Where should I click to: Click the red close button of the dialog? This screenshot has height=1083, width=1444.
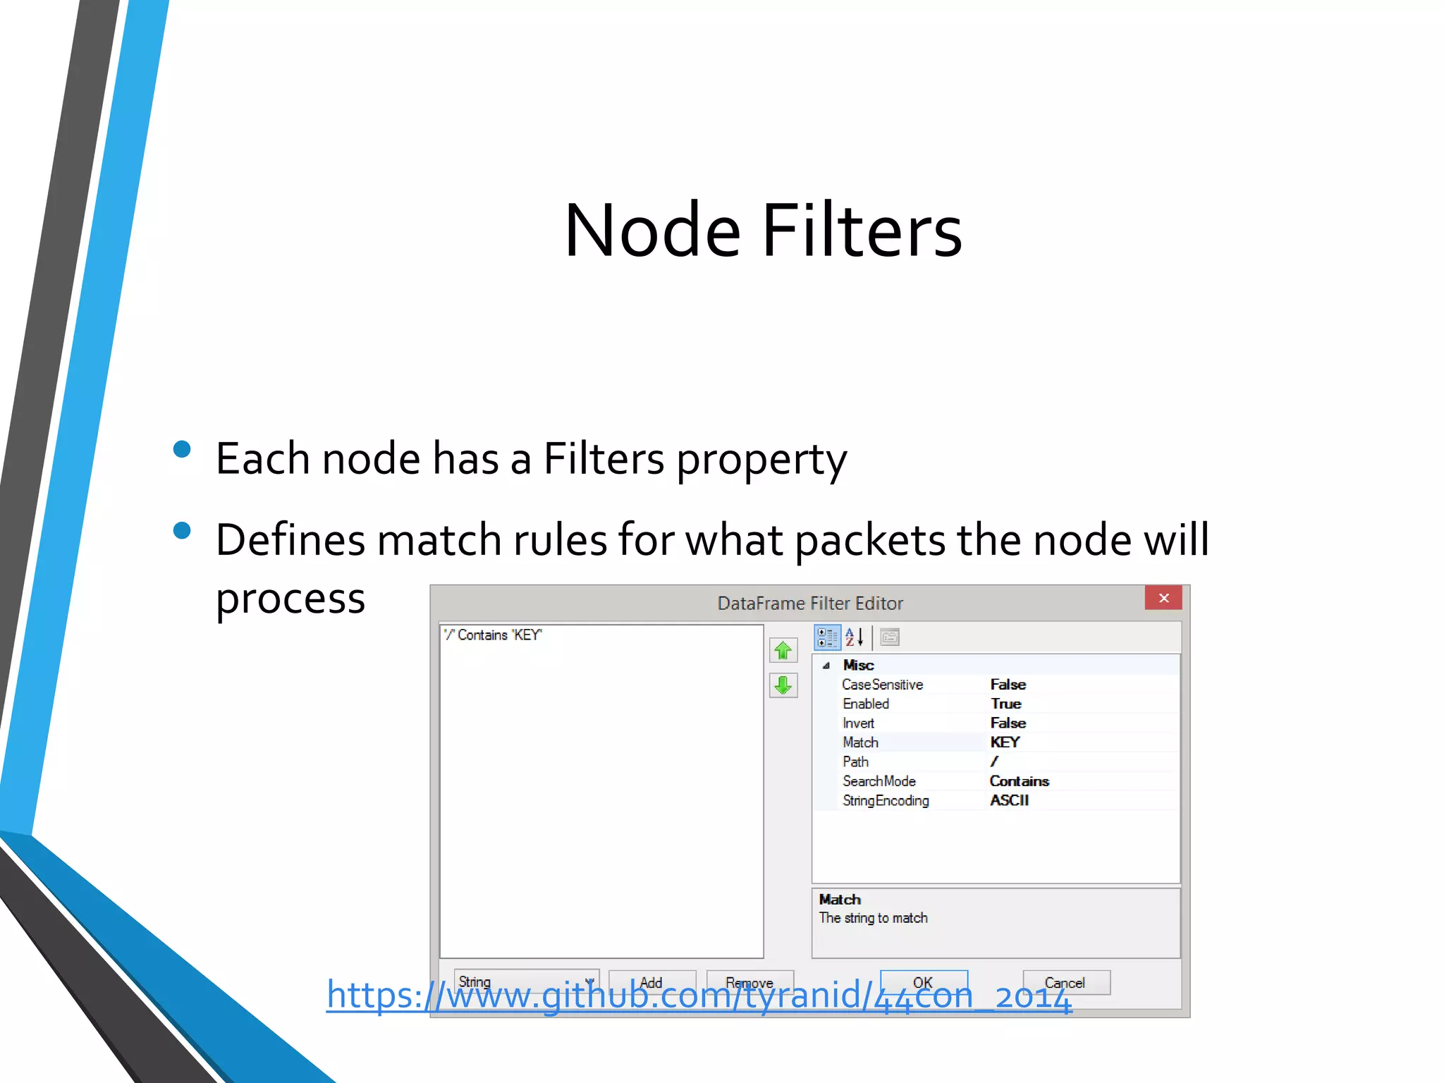1163,598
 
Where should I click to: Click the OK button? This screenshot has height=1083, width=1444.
924,982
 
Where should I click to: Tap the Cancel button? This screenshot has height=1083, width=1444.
1066,982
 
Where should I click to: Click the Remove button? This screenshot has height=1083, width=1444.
749,982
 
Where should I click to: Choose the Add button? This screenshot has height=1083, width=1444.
651,982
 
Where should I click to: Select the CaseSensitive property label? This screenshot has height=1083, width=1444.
882,685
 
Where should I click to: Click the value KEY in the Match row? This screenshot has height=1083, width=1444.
1005,742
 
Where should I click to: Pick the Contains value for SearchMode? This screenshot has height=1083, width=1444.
1019,781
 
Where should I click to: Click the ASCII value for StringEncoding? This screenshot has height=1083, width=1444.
1009,800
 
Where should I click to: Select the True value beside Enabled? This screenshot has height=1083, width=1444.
1005,704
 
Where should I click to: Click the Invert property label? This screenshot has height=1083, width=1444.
858,723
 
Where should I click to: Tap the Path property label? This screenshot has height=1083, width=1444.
855,762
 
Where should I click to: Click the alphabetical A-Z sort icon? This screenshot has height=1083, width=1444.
855,637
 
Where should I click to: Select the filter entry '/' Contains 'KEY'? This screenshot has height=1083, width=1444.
493,635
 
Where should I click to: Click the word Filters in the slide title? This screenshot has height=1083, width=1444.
862,231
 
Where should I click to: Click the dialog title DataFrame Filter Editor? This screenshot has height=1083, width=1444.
809,604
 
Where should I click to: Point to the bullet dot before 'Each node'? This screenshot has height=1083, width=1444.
182,450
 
